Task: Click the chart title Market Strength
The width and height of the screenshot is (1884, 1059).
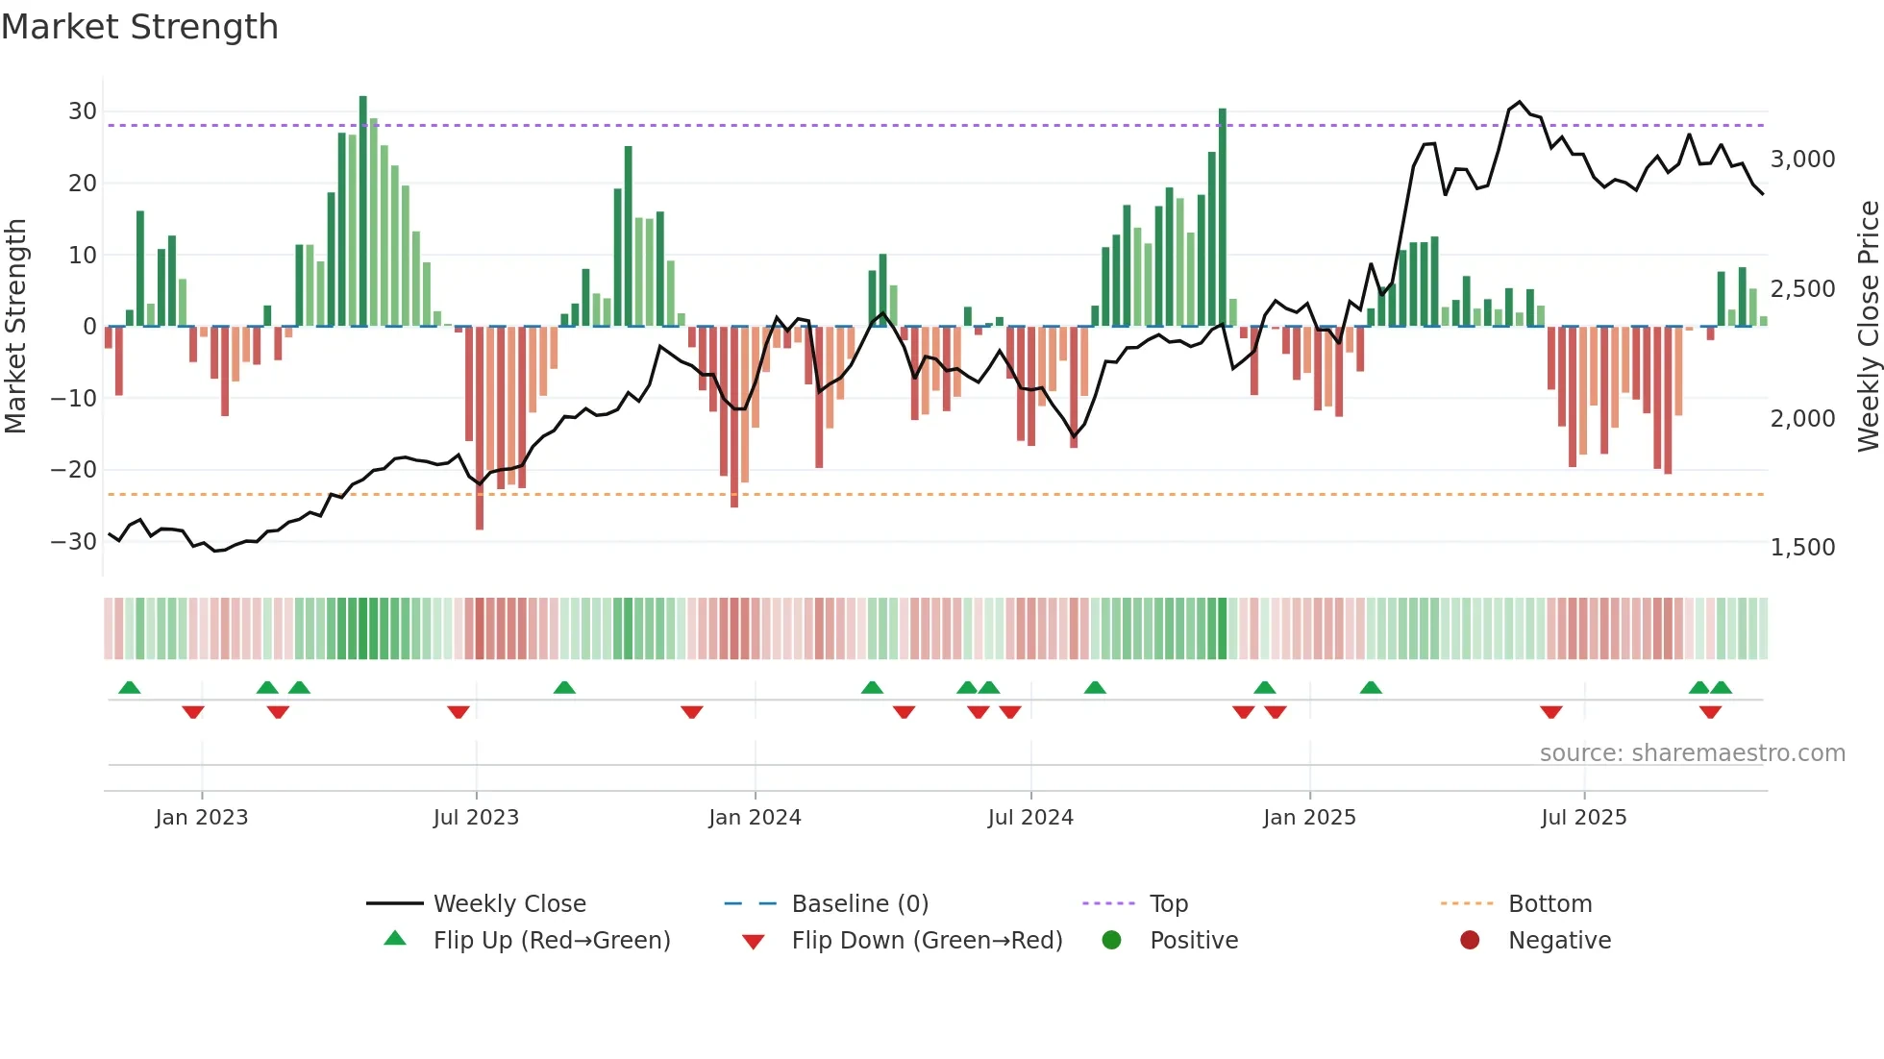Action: (139, 27)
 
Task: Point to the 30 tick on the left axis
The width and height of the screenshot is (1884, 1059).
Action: (82, 111)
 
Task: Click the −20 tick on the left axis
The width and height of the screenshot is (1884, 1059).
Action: (74, 470)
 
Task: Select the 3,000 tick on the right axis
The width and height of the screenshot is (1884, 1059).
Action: (1802, 160)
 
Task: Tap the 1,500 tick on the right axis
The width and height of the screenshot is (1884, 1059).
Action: (1802, 548)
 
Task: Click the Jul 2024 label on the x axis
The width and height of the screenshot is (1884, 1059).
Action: (1030, 818)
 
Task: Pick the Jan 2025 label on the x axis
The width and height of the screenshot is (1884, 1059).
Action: (1309, 818)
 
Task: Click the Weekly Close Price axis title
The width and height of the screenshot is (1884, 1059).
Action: (1868, 327)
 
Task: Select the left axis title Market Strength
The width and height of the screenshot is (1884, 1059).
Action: (15, 327)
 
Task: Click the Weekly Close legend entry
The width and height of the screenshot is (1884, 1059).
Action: (509, 904)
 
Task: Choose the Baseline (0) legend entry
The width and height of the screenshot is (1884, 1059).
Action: (859, 904)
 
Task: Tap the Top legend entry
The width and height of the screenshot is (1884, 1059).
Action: (1169, 904)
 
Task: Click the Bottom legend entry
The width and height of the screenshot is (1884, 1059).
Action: (1549, 904)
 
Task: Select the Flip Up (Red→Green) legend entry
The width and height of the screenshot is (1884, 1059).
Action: (551, 941)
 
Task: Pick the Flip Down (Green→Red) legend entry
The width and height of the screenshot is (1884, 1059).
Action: (927, 941)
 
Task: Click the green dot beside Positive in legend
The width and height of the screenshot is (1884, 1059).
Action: (1112, 941)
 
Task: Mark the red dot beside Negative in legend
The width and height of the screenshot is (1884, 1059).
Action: (1470, 941)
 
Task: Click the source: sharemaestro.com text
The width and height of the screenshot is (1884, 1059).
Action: (1692, 753)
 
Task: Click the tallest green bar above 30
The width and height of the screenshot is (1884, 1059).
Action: (363, 211)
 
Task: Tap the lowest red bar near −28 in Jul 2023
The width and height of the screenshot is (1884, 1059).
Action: (480, 428)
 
